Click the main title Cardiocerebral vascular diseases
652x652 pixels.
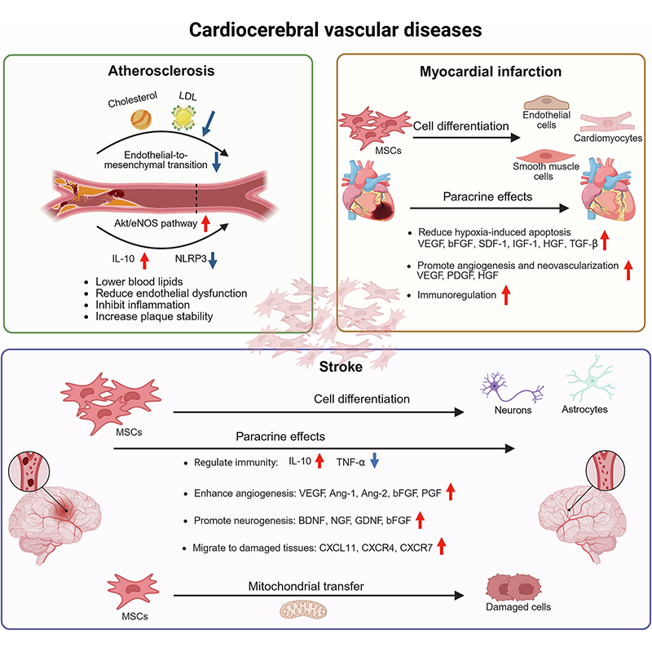(x=325, y=30)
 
